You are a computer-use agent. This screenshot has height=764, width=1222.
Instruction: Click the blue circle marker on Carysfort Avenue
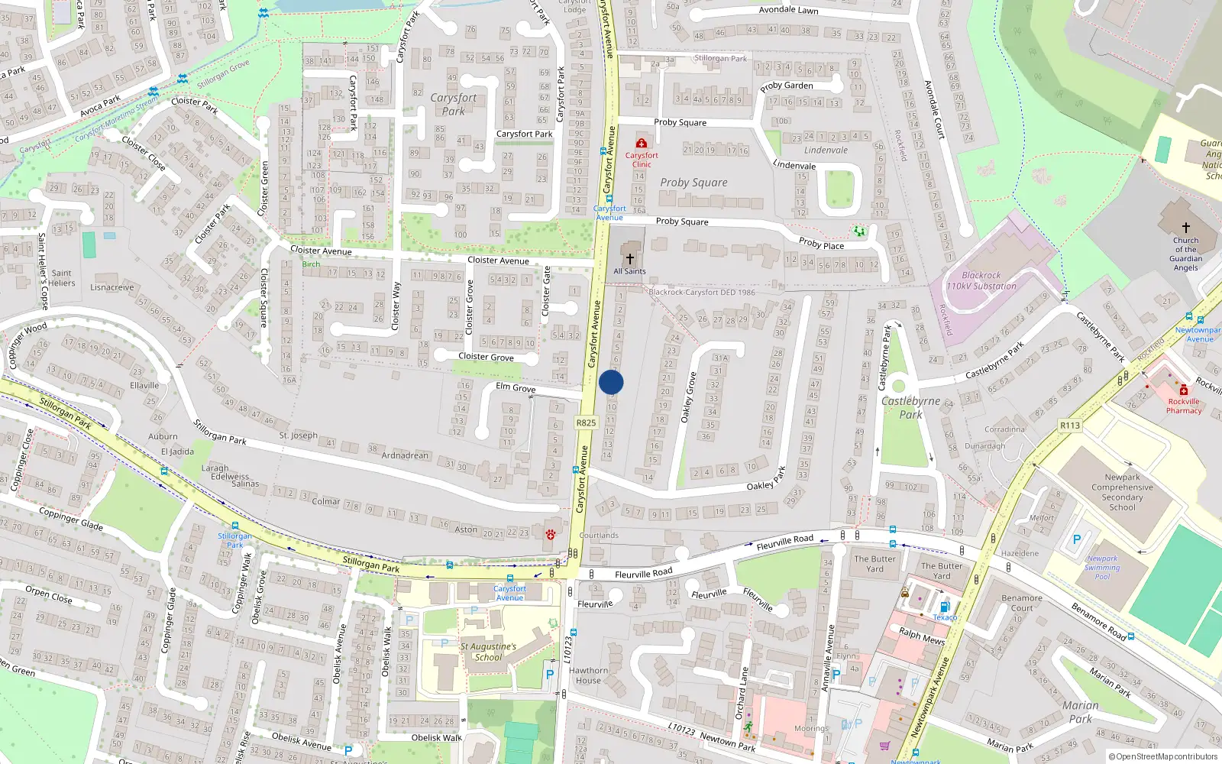point(611,382)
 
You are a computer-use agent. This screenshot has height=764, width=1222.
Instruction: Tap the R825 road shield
point(586,422)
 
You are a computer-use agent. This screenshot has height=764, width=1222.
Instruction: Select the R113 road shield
point(1070,426)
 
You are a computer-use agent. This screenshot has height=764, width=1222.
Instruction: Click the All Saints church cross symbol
point(630,258)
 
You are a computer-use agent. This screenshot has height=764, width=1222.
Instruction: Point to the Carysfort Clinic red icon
point(642,143)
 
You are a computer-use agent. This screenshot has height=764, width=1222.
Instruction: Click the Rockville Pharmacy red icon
point(1183,390)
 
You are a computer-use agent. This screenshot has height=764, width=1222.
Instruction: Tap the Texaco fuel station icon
point(944,607)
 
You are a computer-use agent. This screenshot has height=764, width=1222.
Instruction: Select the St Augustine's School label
point(488,652)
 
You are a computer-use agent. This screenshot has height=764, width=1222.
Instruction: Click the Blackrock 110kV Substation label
point(981,280)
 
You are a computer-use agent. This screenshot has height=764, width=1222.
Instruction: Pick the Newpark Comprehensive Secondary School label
point(1122,492)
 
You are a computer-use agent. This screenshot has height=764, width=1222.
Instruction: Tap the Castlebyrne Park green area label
point(910,407)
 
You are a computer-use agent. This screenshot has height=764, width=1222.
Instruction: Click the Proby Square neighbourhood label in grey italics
point(693,183)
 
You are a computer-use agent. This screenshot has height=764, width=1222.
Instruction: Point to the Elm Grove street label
point(516,387)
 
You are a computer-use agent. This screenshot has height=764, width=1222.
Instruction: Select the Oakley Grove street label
point(689,397)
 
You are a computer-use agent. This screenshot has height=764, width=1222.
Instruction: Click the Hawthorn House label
point(588,675)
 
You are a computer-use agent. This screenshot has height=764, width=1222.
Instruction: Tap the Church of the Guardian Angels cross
point(1185,228)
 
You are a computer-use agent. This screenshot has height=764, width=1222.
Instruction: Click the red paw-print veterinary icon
point(550,534)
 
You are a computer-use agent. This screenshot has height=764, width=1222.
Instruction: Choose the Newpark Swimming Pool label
point(1102,568)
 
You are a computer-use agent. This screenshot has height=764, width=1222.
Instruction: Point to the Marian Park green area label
point(1080,711)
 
